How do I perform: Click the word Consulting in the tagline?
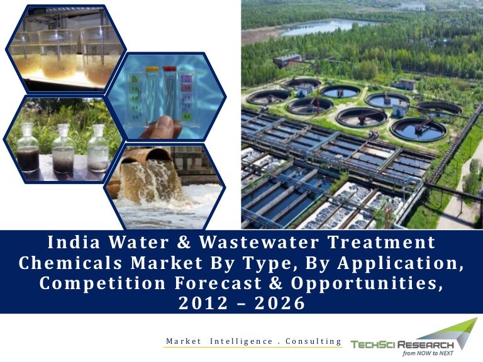click(x=313, y=341)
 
